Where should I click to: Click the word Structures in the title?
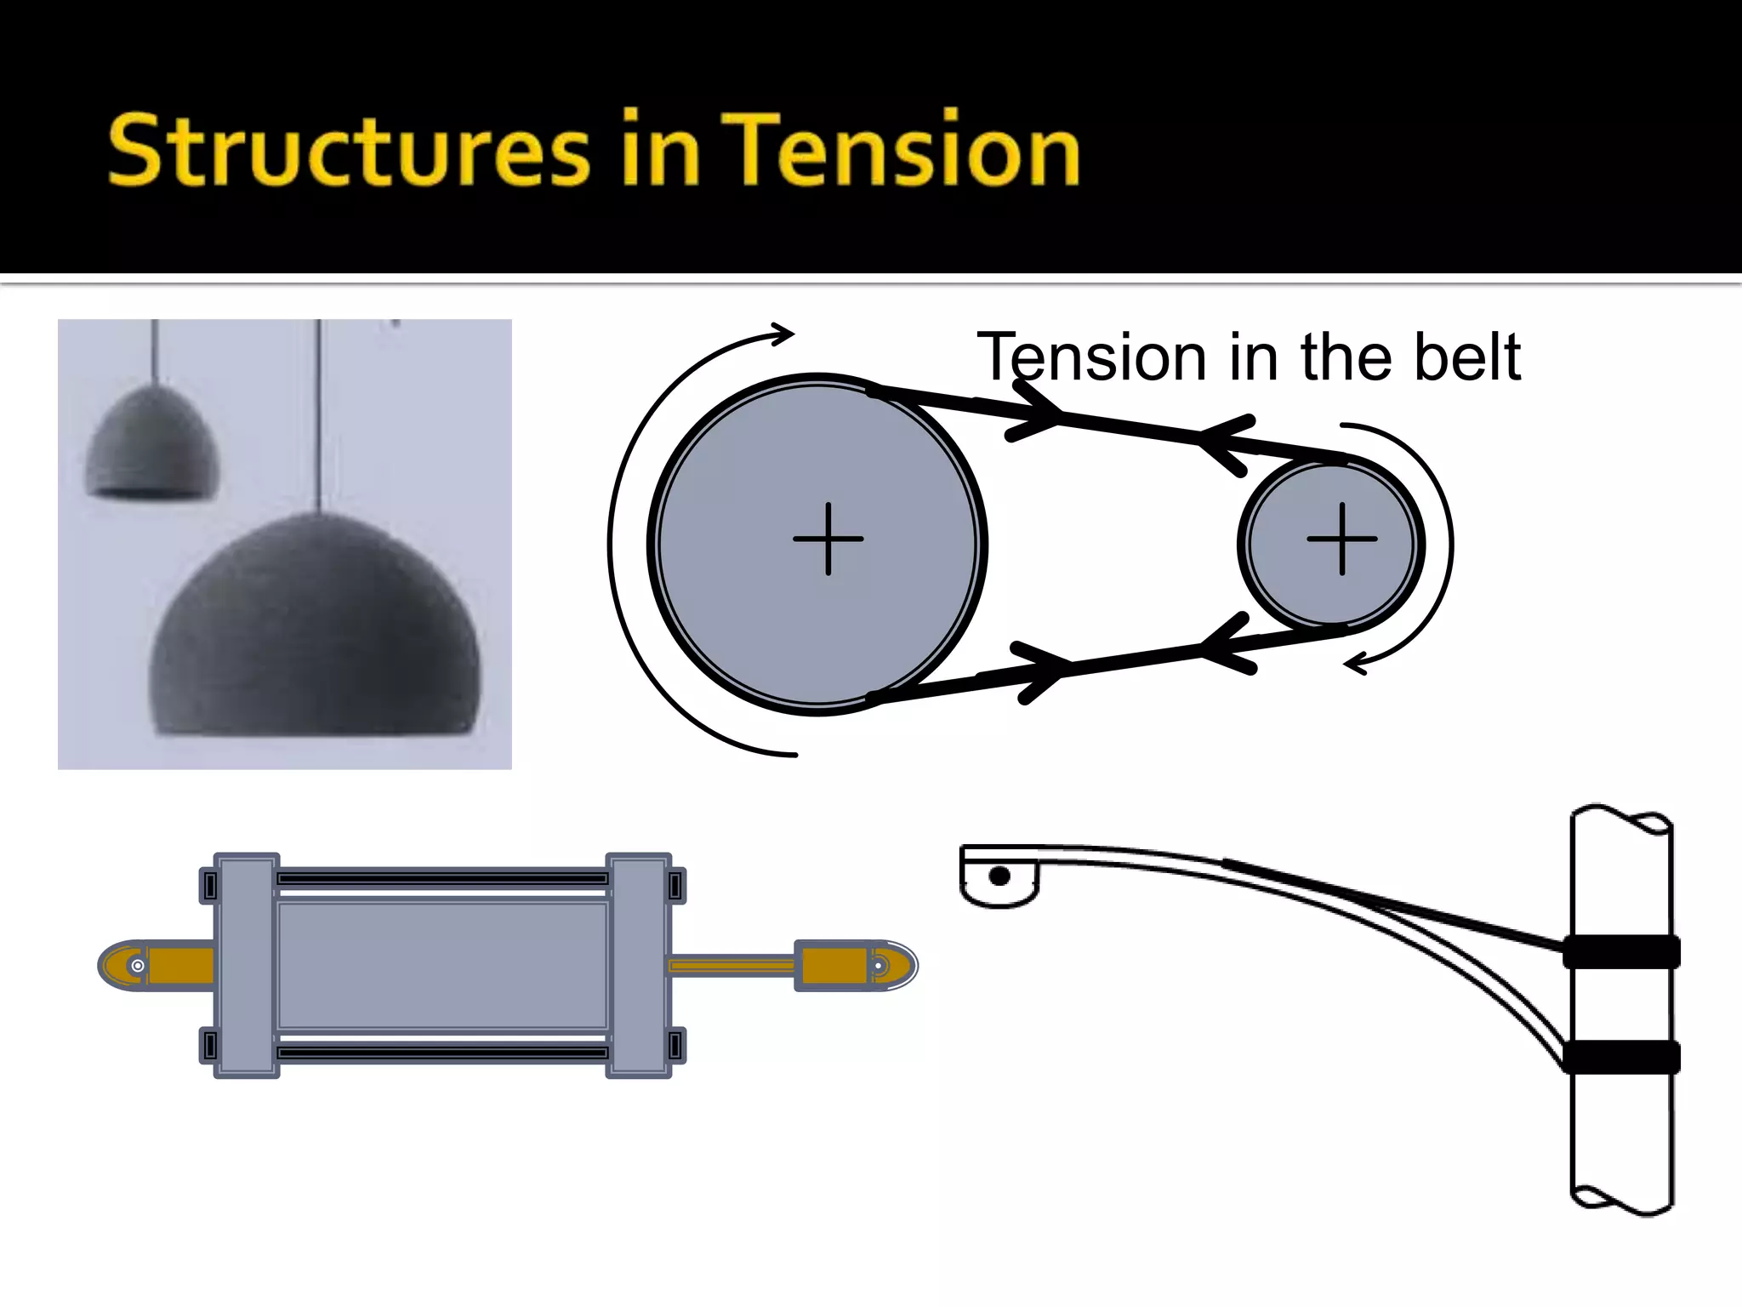click(x=349, y=151)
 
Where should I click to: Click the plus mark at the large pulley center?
click(x=828, y=539)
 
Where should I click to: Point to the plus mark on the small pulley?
click(x=1341, y=539)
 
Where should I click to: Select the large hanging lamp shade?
click(x=315, y=630)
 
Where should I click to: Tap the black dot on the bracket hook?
click(x=999, y=876)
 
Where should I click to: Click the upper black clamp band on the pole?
click(x=1621, y=951)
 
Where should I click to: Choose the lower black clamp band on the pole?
click(x=1621, y=1057)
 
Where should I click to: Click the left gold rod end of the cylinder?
click(x=157, y=966)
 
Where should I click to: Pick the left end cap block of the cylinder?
click(x=247, y=966)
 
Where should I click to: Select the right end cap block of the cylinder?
click(x=639, y=966)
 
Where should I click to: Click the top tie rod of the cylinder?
click(x=442, y=878)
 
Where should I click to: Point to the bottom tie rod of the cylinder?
click(x=442, y=1053)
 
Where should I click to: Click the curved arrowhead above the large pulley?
click(x=783, y=334)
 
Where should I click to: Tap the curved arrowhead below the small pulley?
click(x=1355, y=664)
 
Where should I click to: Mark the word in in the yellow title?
click(x=660, y=151)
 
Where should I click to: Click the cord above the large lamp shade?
click(x=319, y=417)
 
